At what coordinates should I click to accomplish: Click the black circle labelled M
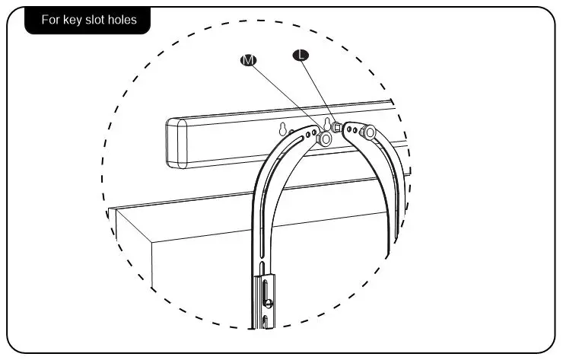[x=247, y=59]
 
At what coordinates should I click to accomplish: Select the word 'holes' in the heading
[x=122, y=20]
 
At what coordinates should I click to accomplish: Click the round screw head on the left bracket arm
[x=325, y=140]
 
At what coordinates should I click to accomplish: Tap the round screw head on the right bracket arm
[x=370, y=133]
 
